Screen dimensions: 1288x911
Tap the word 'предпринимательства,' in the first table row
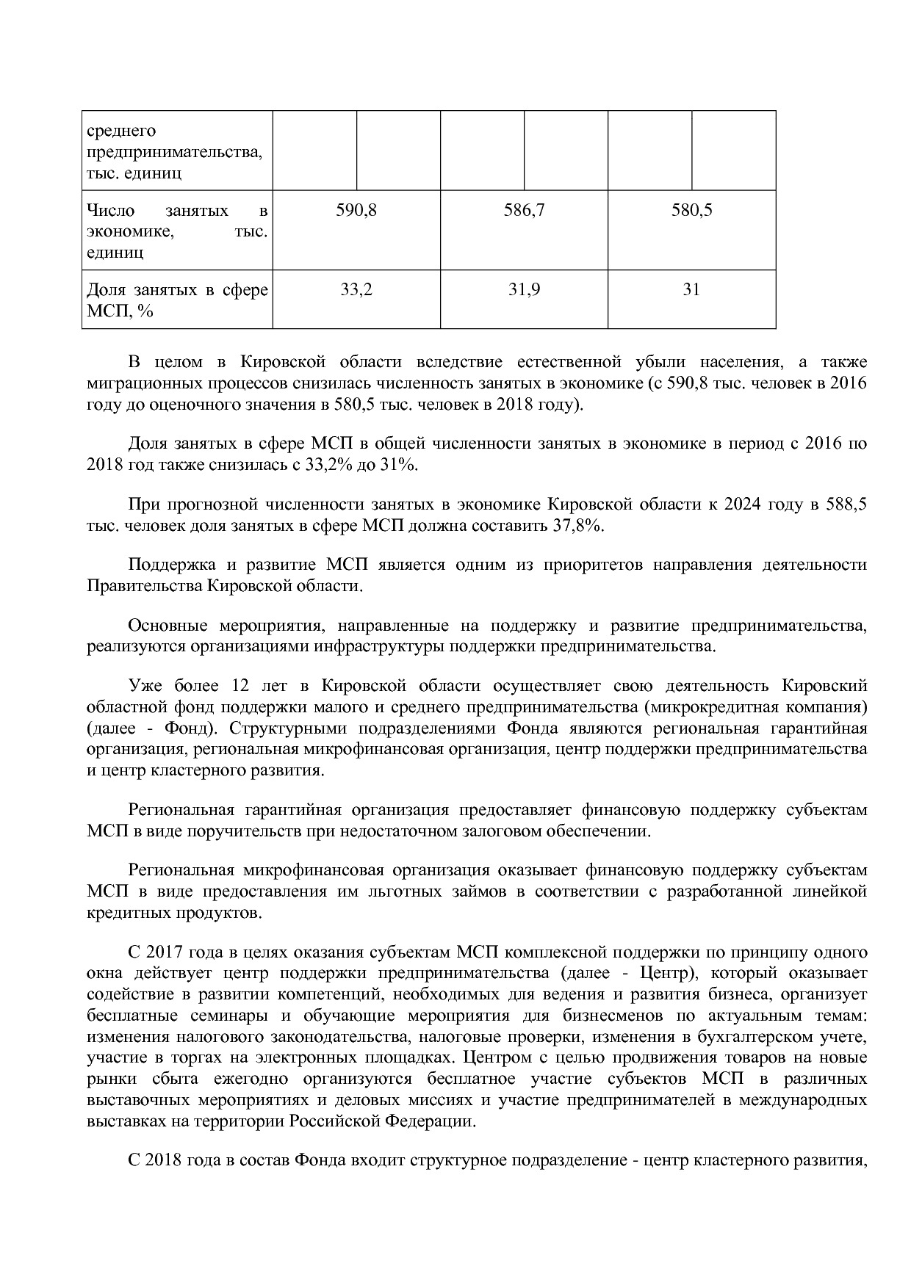174,152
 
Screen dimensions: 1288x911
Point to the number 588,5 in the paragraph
848,504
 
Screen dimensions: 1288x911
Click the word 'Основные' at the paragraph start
168,626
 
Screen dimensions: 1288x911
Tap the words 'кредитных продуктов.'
173,913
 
